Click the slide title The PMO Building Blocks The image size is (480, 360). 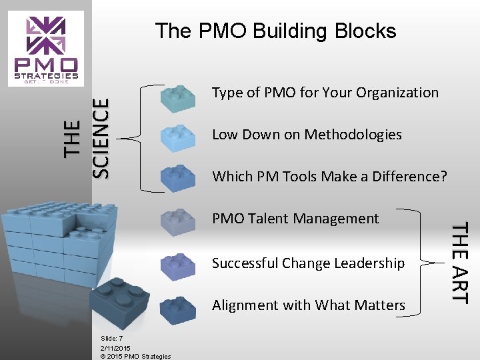pos(275,31)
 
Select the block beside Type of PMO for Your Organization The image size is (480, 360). pos(178,97)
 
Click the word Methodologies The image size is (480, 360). pos(363,135)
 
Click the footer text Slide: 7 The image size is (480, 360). pos(111,339)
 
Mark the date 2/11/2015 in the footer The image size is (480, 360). pos(115,347)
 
